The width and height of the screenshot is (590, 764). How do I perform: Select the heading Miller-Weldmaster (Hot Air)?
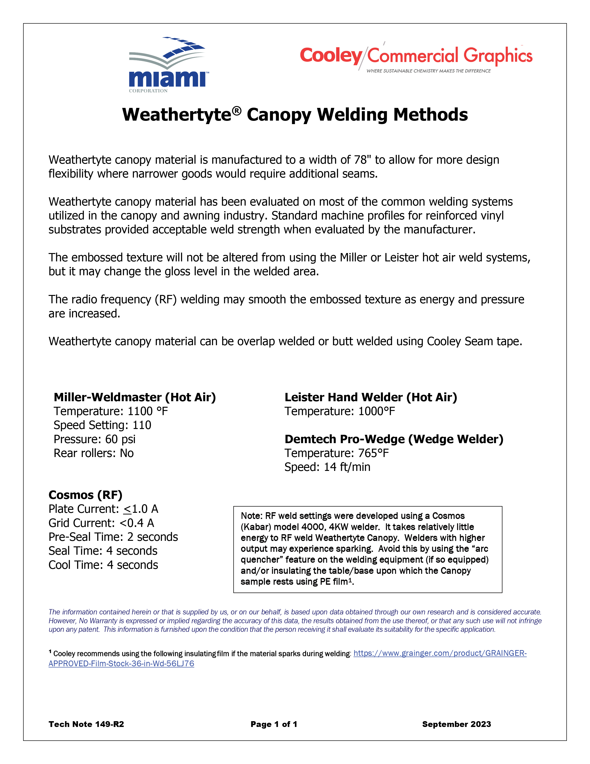135,397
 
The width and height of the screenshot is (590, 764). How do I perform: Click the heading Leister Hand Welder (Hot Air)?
370,397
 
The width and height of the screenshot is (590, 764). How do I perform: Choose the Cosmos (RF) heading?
85,495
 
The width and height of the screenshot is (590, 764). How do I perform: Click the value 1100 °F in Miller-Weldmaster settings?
148,411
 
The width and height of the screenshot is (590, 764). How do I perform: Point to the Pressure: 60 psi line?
94,439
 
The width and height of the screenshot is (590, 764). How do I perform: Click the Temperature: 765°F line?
336,453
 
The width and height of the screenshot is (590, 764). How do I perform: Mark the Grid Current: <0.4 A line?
101,523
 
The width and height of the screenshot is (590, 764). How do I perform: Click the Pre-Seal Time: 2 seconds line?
113,537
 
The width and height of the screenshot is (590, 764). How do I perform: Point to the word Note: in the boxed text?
251,516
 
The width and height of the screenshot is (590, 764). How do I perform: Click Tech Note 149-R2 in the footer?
86,724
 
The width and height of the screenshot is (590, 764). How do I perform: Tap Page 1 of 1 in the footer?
274,724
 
